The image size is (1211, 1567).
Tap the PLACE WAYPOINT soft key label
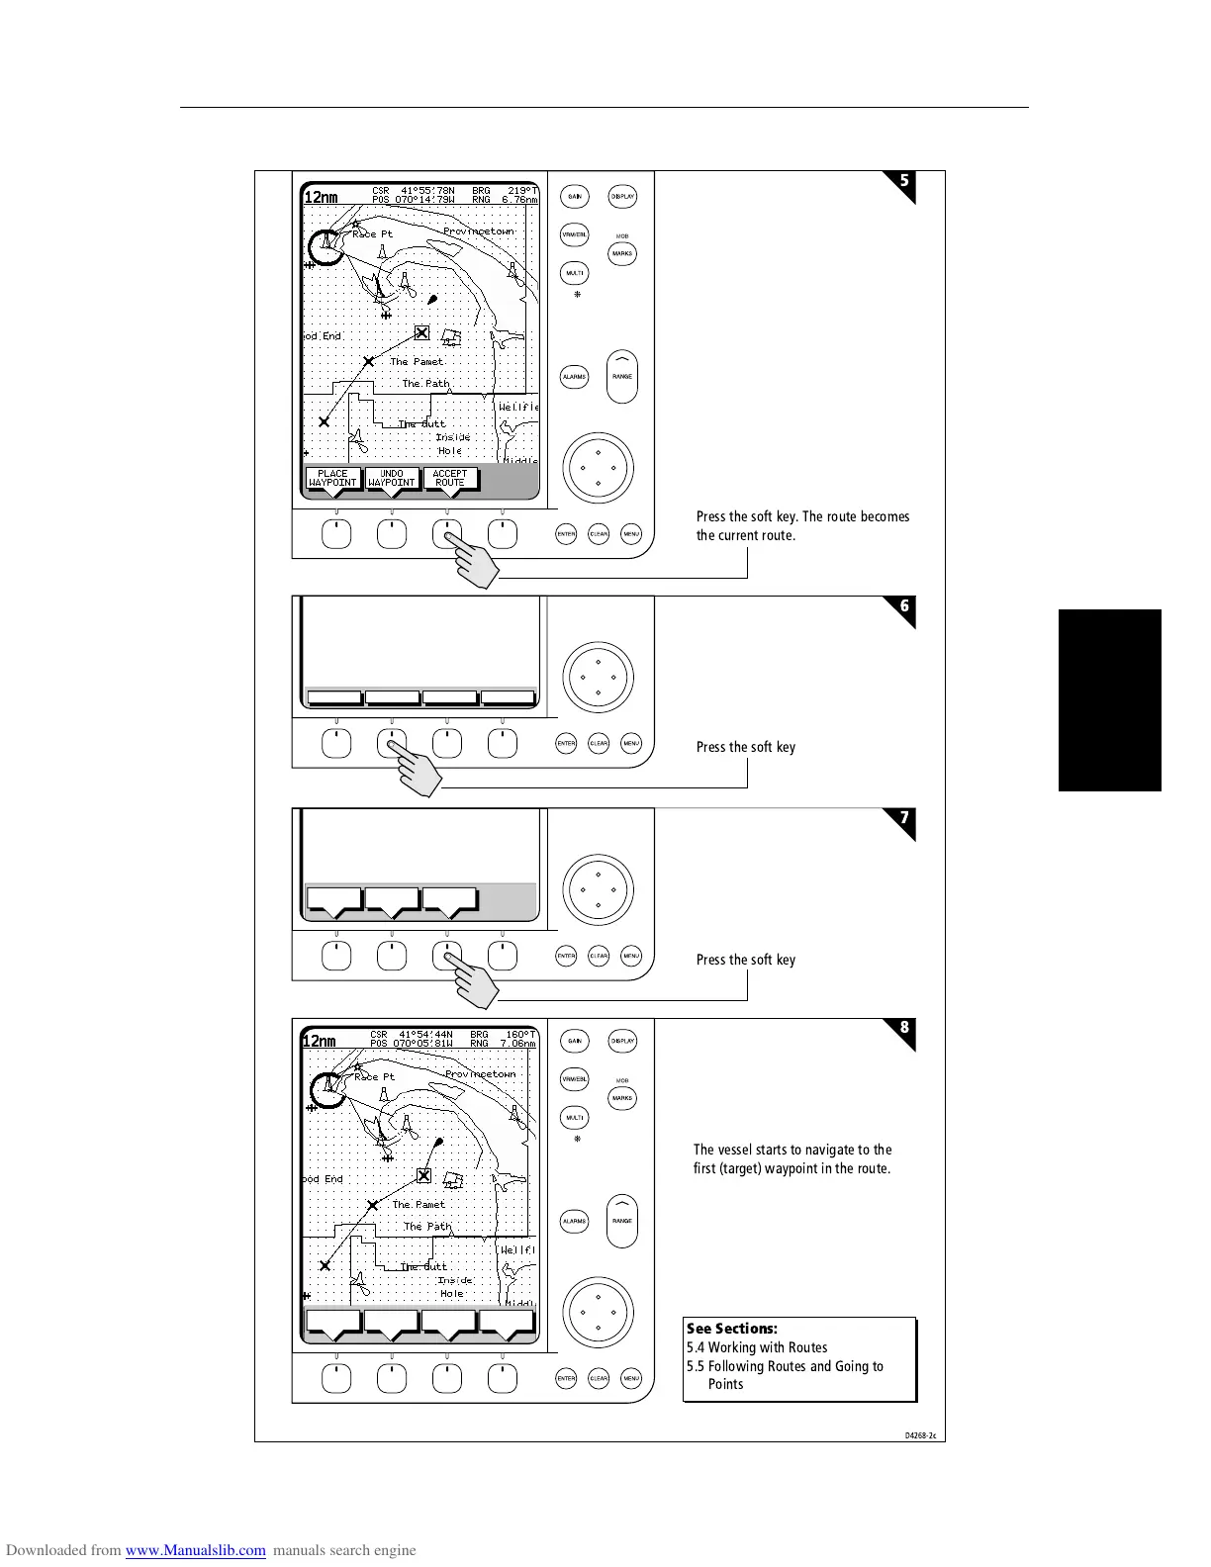332,479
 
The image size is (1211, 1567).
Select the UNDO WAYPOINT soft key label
392,479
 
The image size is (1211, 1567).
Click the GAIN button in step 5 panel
575,197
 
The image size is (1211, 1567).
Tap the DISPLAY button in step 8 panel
622,1041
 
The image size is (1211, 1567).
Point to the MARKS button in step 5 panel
622,254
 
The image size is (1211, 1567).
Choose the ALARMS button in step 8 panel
575,1222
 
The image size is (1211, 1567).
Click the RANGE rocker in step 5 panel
622,377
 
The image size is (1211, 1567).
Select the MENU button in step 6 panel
631,743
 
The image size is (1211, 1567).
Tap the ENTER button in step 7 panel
566,956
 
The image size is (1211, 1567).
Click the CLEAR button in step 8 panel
599,1378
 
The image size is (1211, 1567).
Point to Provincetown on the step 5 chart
479,231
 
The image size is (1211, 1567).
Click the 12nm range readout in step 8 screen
320,1041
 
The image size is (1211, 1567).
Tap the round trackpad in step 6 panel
598,678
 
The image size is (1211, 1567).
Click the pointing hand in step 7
473,980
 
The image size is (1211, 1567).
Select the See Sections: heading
732,1329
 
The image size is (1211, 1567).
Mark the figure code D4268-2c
920,1433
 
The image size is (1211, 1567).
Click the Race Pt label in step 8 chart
374,1077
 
